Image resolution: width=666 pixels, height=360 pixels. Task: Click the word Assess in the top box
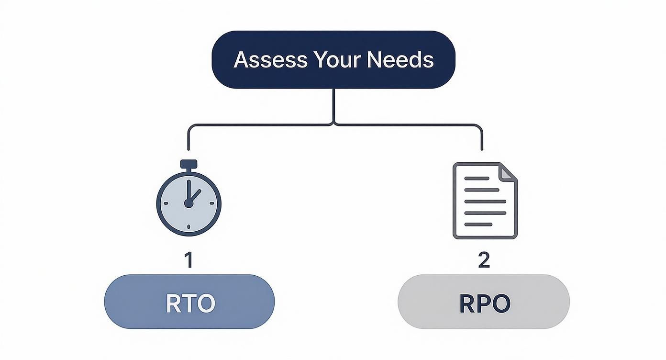tap(270, 60)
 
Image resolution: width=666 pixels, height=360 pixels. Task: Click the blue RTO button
tap(189, 302)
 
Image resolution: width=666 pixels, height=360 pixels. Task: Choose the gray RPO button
tap(484, 302)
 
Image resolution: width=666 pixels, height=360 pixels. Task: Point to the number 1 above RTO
tap(189, 260)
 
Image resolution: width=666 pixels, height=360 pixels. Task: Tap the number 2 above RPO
tap(484, 260)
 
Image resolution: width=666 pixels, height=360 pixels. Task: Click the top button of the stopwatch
tap(189, 163)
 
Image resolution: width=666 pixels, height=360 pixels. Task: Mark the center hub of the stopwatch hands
tap(189, 203)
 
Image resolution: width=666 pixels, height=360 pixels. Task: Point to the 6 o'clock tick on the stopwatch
tap(189, 226)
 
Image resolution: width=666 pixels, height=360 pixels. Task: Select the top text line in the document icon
tap(477, 178)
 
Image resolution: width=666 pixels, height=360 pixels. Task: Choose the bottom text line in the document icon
tap(478, 224)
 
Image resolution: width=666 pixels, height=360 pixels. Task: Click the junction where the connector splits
tap(334, 125)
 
